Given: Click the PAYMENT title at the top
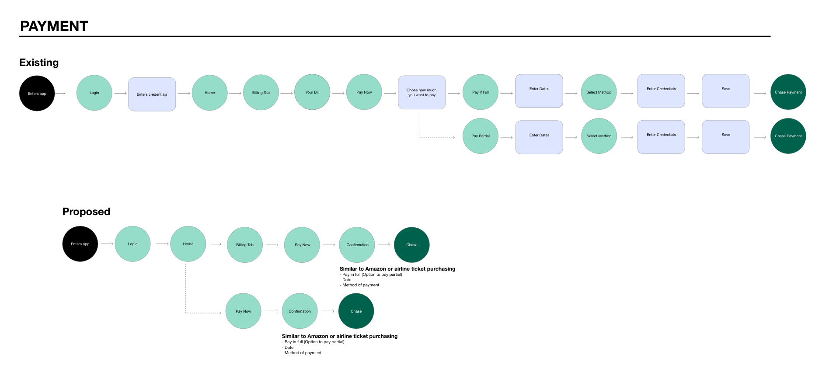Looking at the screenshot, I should point(54,26).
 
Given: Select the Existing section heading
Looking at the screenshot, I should point(39,63).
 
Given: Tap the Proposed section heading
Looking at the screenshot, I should point(86,212).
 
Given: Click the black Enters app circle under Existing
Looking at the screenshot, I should point(37,93).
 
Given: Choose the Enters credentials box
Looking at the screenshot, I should point(152,94).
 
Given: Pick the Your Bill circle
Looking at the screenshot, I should point(312,92).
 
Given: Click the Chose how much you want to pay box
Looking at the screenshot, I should point(421,92).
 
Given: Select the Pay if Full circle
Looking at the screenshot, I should point(481,92).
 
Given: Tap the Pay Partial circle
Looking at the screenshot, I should point(481,136).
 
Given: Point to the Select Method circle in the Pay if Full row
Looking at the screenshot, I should point(599,92).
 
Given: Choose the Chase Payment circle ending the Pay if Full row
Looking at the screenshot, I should point(788,92).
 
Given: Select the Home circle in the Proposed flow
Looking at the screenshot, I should point(188,244).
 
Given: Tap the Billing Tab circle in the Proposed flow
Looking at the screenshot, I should point(245,245).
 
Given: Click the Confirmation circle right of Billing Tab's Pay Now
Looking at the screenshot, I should point(357,245).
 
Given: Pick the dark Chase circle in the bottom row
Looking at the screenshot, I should point(356,311).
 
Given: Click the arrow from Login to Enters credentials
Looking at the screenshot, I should point(120,93).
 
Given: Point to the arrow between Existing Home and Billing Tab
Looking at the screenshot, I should point(235,93).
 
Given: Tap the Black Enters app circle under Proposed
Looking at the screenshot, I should point(80,244).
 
